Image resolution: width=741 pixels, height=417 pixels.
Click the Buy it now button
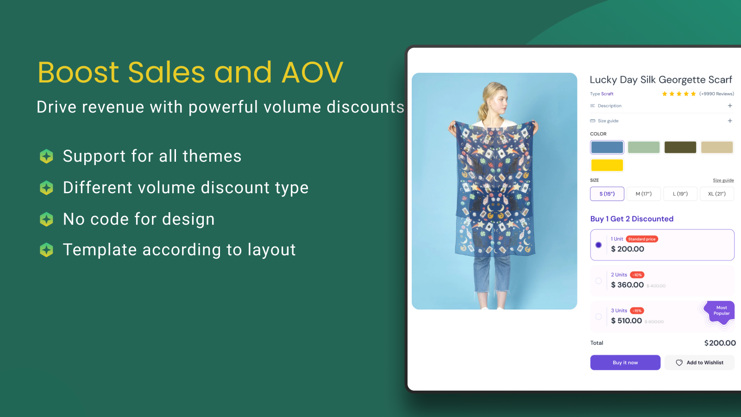click(x=625, y=362)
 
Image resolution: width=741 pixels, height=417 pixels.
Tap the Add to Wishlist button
click(x=699, y=362)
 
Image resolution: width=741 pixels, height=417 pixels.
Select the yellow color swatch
click(x=607, y=165)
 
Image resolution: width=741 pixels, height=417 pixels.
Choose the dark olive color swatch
click(x=680, y=147)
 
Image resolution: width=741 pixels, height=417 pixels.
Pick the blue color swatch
click(x=607, y=147)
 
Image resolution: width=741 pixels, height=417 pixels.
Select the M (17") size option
click(x=643, y=194)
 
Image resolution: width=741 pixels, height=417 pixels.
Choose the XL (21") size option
click(x=716, y=194)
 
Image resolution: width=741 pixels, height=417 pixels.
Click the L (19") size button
click(x=680, y=194)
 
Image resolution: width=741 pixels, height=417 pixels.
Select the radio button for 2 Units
click(x=598, y=281)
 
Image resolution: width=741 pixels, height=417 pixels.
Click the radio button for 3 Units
click(x=598, y=316)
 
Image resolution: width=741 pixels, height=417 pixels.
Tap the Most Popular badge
click(x=721, y=311)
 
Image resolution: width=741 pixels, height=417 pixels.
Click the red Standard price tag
click(x=642, y=239)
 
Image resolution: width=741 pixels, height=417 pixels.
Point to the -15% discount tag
click(x=637, y=311)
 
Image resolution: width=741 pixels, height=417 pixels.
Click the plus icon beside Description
click(x=730, y=106)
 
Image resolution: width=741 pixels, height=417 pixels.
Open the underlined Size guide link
click(x=723, y=180)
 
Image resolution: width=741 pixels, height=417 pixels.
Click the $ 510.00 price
click(x=626, y=321)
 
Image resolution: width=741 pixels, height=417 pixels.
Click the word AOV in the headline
click(x=312, y=72)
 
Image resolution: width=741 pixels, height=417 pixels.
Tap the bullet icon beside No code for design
click(x=46, y=219)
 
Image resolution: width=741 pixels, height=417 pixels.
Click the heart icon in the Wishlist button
click(x=679, y=363)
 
